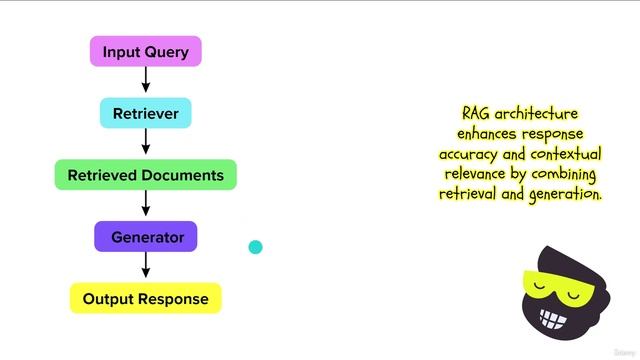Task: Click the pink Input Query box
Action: click(x=146, y=51)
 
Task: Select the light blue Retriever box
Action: click(x=146, y=113)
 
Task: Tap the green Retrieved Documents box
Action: click(x=146, y=175)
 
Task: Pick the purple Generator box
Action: click(x=146, y=237)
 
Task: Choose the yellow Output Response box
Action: click(x=146, y=298)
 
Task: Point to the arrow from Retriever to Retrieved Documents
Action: click(x=146, y=144)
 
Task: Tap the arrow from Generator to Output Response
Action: click(x=146, y=267)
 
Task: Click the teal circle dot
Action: click(x=255, y=247)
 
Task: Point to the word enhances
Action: click(x=491, y=134)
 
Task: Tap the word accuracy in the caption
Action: click(x=471, y=154)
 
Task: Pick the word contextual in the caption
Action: click(x=563, y=154)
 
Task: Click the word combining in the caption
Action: click(x=563, y=174)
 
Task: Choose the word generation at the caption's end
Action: click(x=561, y=194)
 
